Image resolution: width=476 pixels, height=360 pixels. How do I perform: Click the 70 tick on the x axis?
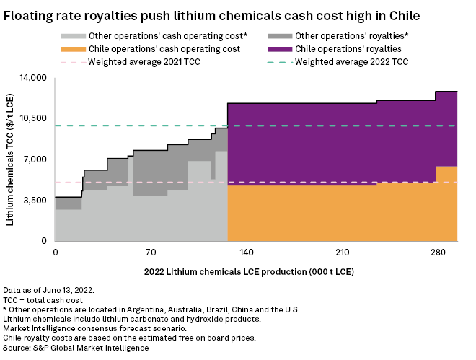(151, 253)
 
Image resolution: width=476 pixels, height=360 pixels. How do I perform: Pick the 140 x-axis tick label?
(246, 253)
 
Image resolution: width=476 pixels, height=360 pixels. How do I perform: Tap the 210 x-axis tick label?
(342, 253)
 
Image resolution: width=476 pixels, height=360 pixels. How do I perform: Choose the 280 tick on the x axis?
(438, 253)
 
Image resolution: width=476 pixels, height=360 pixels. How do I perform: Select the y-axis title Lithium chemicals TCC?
(11, 159)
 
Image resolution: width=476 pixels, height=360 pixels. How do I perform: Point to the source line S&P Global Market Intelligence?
(76, 348)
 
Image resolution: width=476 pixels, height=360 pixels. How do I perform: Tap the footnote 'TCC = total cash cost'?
(48, 299)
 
